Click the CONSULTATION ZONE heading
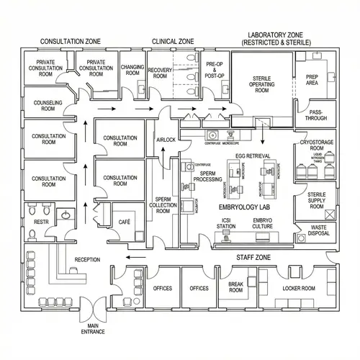[x=70, y=42]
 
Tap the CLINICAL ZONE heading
[x=173, y=42]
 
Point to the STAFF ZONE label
[x=253, y=257]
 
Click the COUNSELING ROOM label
[x=48, y=107]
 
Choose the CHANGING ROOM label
[x=132, y=70]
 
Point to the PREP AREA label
[x=312, y=80]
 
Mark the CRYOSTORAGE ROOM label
[x=317, y=146]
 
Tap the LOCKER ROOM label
[x=299, y=288]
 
